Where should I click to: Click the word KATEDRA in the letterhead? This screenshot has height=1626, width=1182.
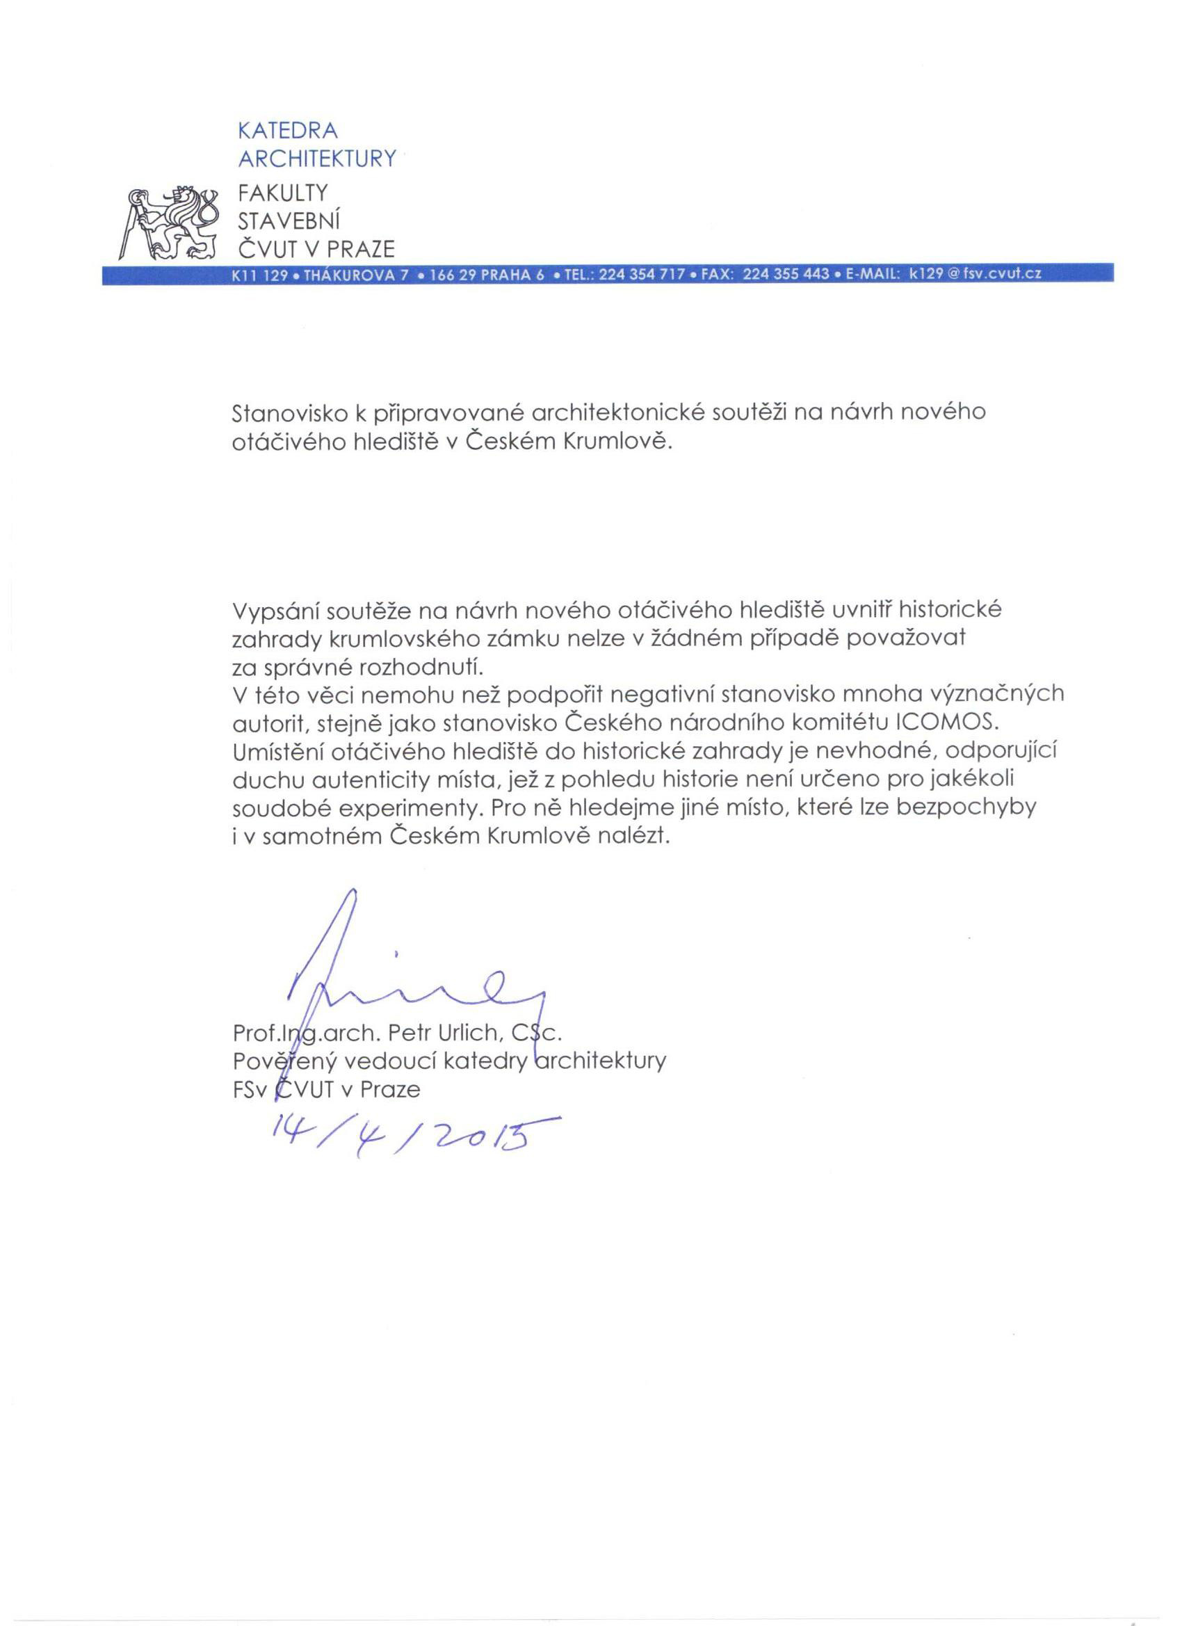(286, 131)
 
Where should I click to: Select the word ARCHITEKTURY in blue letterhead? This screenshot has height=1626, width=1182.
(317, 159)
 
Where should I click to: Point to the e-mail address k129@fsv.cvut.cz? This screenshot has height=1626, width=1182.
(974, 274)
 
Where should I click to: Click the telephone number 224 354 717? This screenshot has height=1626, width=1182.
(642, 274)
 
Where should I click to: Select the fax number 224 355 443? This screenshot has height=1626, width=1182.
(786, 274)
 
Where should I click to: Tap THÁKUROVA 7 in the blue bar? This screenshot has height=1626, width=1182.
(357, 274)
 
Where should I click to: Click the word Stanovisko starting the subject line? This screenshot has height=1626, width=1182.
(293, 413)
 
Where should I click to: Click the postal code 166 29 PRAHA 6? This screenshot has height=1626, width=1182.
(486, 274)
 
